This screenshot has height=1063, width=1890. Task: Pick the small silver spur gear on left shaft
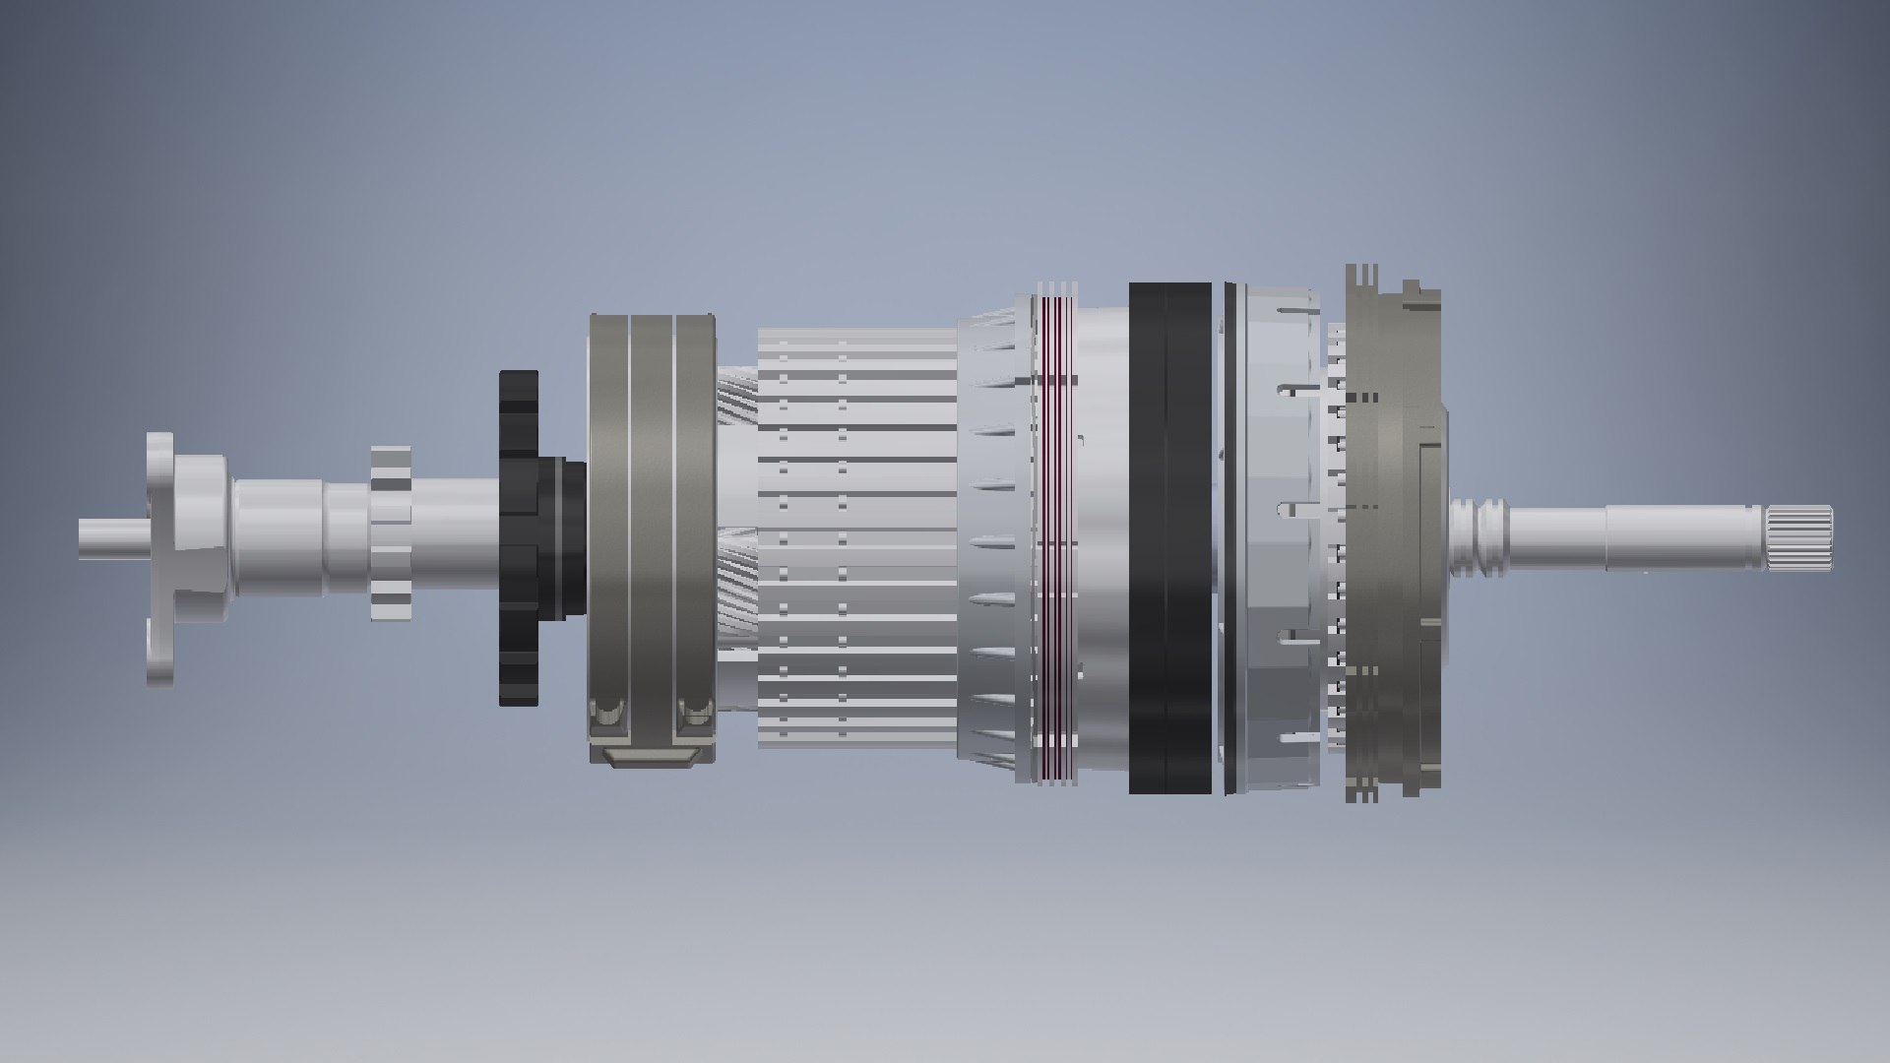[x=391, y=533]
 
